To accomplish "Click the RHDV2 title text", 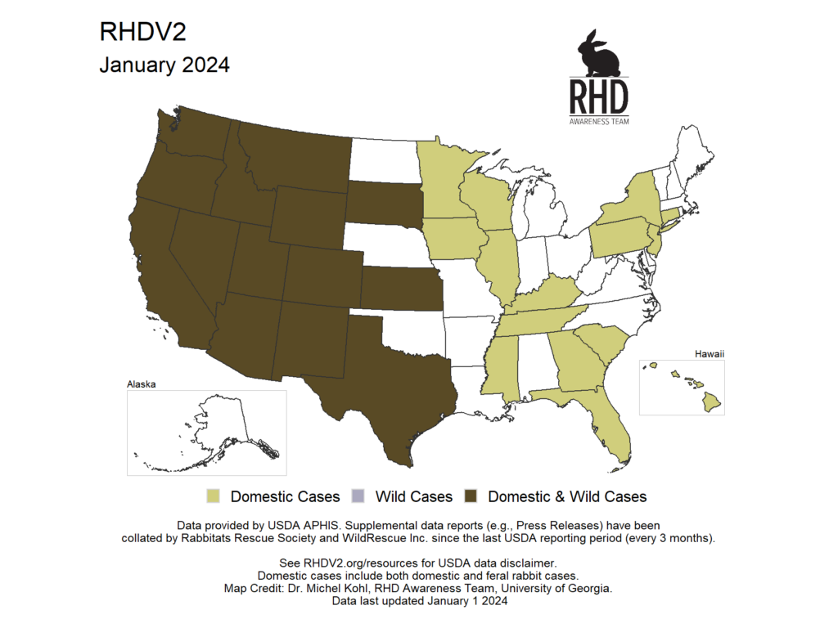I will pyautogui.click(x=143, y=32).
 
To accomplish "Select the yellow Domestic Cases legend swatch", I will pyautogui.click(x=214, y=496).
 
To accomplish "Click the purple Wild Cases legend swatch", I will pyautogui.click(x=357, y=496).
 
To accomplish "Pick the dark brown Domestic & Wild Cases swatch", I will pyautogui.click(x=471, y=496).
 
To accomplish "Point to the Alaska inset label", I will pyautogui.click(x=141, y=384).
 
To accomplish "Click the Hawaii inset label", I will pyautogui.click(x=711, y=354).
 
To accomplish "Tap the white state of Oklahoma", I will pyautogui.click(x=409, y=330).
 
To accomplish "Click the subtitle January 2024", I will pyautogui.click(x=164, y=65).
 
